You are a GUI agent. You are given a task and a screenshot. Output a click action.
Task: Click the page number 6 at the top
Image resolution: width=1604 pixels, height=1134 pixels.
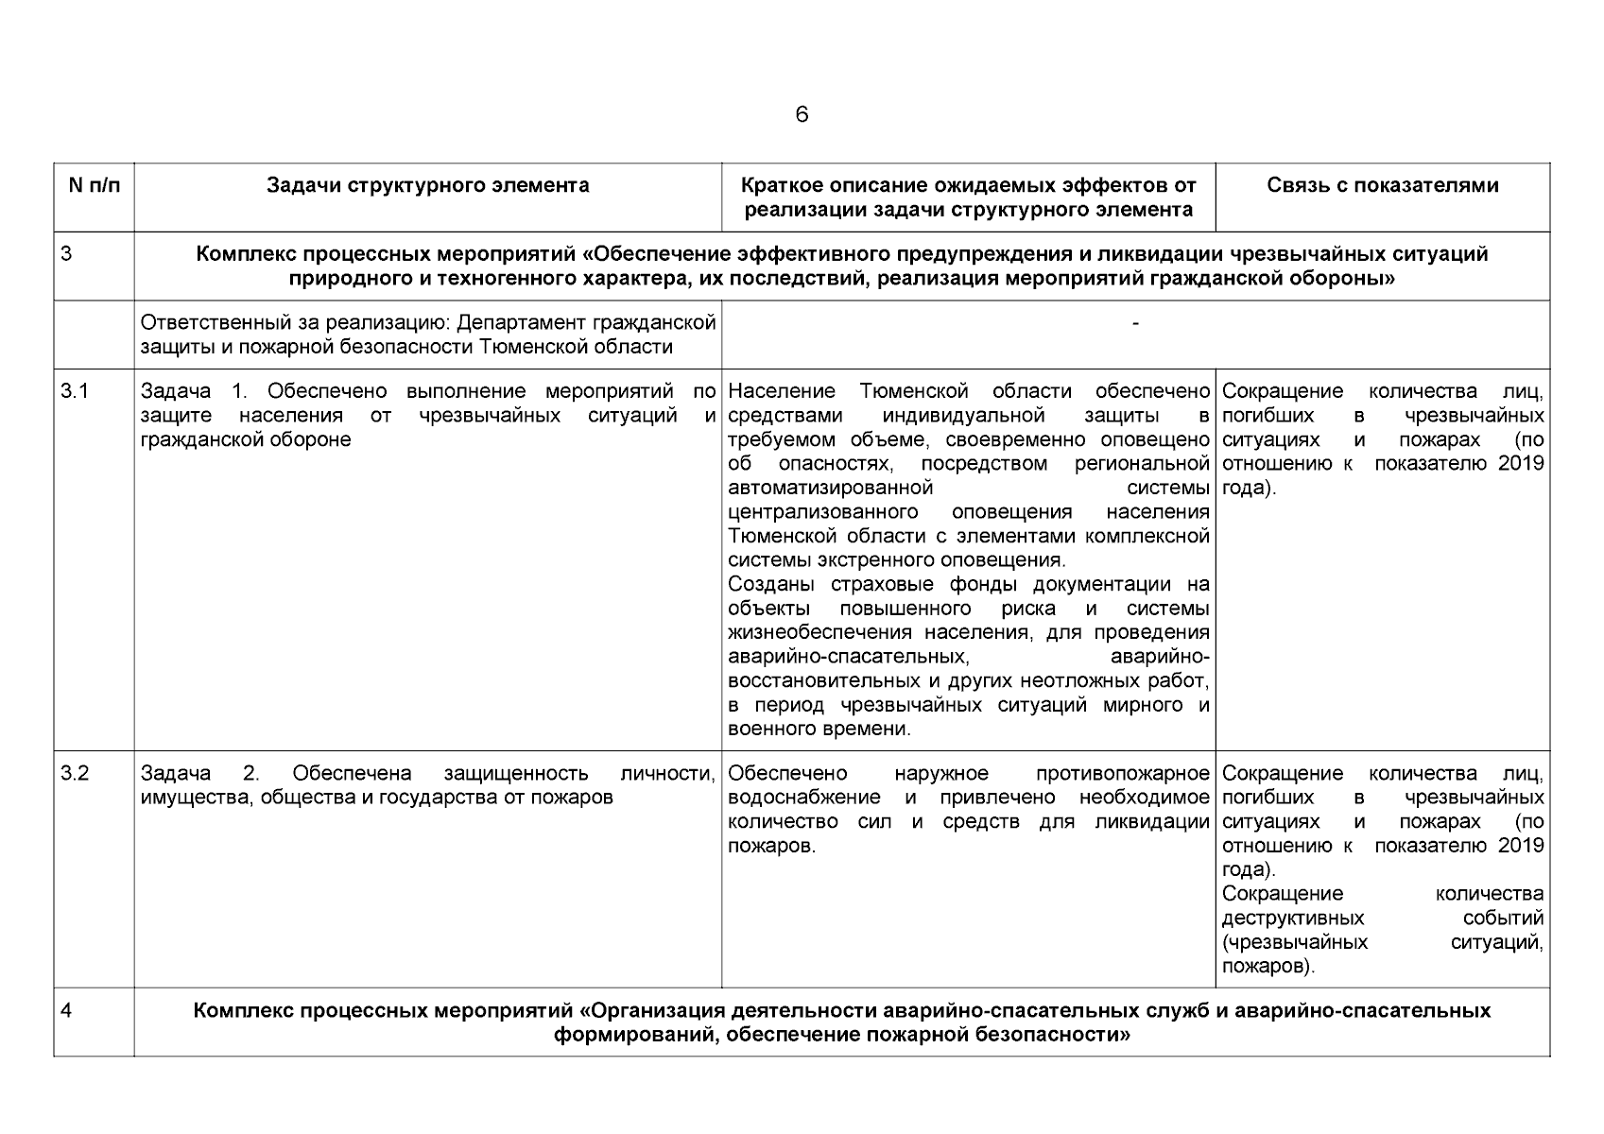pos(802,115)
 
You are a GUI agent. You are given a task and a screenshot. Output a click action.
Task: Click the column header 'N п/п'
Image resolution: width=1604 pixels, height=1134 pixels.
pos(95,185)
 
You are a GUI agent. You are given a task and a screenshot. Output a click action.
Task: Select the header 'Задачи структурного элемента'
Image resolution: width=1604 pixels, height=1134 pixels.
pos(427,185)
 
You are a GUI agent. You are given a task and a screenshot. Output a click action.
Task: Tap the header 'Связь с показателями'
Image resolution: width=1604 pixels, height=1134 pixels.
pos(1382,185)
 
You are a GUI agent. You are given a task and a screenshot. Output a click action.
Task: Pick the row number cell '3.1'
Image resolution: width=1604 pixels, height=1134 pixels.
pos(75,391)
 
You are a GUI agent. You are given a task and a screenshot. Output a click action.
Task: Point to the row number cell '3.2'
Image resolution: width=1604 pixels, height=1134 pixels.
pos(75,774)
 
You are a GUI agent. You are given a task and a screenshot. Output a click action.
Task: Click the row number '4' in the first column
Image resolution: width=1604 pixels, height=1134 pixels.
pos(66,1010)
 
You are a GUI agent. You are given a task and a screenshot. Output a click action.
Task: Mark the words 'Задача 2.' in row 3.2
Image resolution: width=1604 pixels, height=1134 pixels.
pos(199,774)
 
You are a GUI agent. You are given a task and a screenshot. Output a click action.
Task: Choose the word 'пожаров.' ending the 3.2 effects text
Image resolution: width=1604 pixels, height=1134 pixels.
pos(771,846)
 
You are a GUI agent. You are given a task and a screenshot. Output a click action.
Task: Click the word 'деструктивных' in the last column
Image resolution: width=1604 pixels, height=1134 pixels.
pos(1292,919)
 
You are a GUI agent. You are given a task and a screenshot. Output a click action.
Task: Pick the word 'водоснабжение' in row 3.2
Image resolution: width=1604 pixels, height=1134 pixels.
pos(804,798)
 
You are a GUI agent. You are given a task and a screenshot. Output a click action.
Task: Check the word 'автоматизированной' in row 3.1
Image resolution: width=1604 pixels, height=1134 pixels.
pos(831,488)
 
